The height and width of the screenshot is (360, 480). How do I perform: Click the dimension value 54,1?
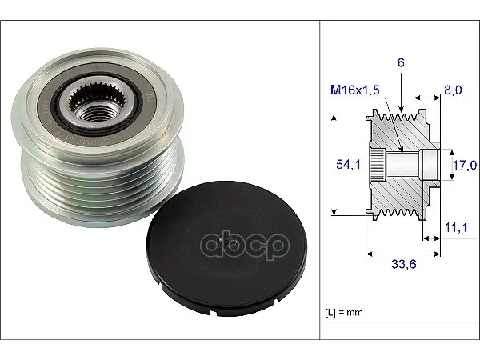(x=348, y=165)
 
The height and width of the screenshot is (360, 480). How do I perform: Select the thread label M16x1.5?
(x=355, y=90)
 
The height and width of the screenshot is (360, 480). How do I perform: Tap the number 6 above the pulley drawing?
(x=401, y=62)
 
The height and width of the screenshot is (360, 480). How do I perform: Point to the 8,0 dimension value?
(x=453, y=90)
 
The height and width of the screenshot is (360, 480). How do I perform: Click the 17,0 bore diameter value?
(x=465, y=166)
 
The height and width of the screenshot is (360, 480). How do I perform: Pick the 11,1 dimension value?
(x=456, y=227)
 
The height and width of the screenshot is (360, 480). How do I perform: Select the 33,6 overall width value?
(x=404, y=264)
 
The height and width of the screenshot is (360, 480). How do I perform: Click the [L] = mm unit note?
(x=343, y=313)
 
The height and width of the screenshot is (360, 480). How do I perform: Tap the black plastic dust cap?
(x=226, y=247)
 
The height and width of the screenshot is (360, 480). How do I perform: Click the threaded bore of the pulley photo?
(x=96, y=112)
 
